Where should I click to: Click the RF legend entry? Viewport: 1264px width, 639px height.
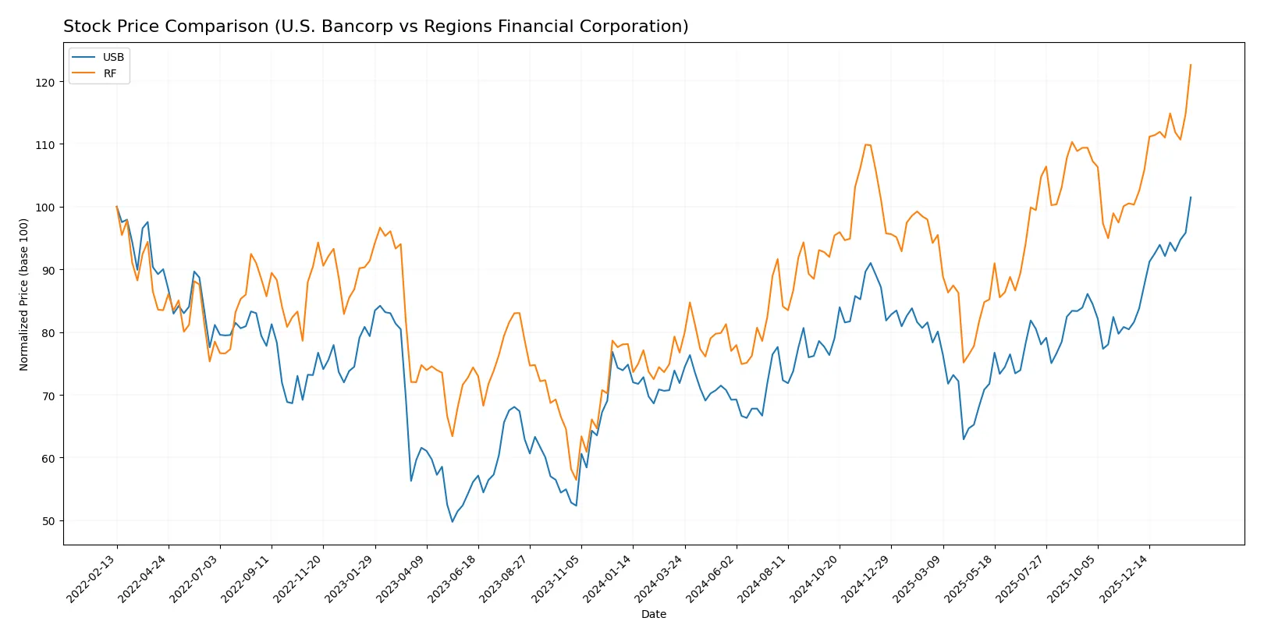(x=109, y=73)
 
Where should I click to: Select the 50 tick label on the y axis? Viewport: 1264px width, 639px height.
(x=48, y=521)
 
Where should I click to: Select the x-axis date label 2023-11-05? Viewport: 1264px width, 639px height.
(x=557, y=578)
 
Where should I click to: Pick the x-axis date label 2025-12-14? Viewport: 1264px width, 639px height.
(x=1125, y=578)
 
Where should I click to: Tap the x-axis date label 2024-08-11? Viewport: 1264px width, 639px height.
(x=764, y=578)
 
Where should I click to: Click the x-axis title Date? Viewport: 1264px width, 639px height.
(x=653, y=615)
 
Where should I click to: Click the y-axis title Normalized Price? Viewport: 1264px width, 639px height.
(x=24, y=294)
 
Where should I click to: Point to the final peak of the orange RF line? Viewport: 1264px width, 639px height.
(x=1191, y=65)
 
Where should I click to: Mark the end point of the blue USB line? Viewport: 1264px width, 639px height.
(x=1191, y=197)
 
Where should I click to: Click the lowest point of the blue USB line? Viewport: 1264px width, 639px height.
(x=452, y=521)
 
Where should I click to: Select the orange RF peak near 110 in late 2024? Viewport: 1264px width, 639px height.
(x=866, y=144)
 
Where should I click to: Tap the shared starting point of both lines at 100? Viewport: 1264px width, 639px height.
(x=117, y=207)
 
